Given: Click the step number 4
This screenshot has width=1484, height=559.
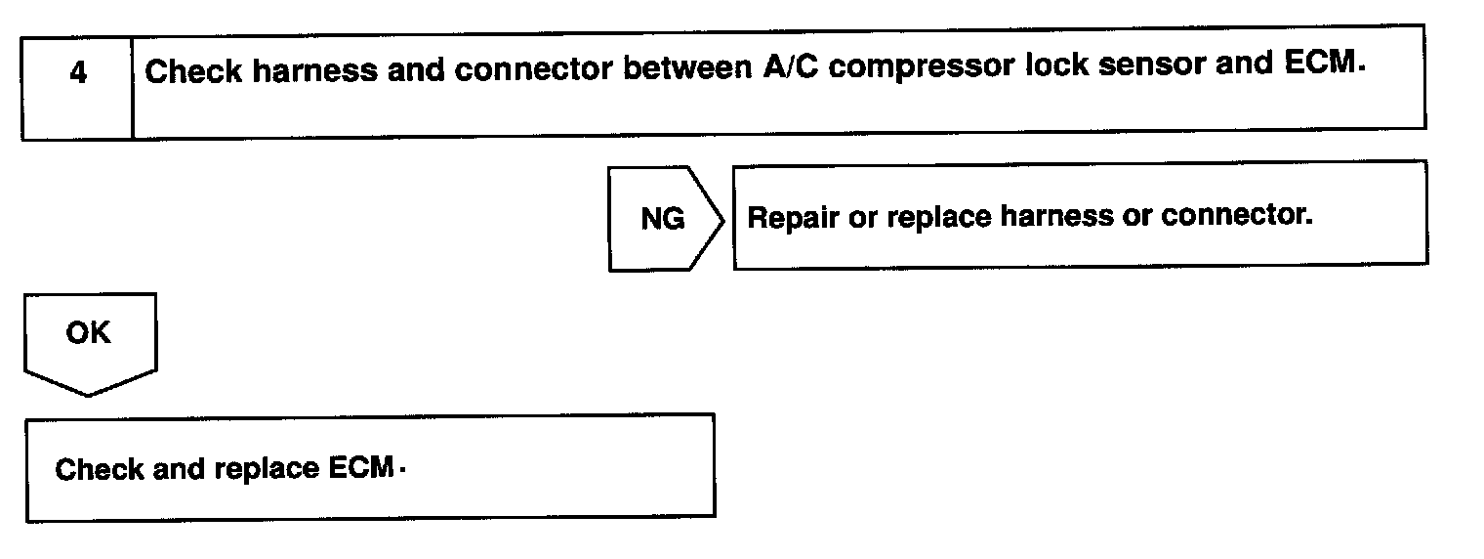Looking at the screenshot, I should [x=77, y=74].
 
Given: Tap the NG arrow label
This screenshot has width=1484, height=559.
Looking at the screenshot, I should [x=663, y=219].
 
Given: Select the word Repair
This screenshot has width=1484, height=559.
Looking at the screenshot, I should [x=792, y=217].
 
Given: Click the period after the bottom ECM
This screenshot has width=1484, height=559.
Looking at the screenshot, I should [x=402, y=473].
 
